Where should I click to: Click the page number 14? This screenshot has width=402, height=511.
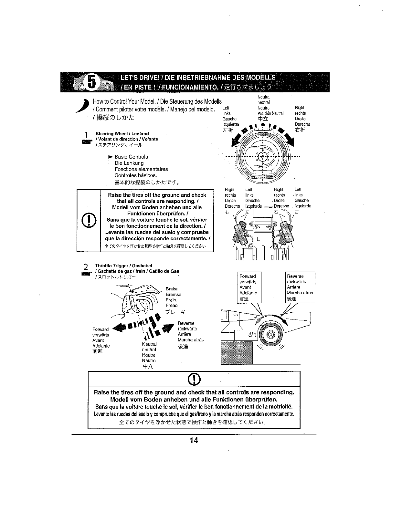(x=194, y=441)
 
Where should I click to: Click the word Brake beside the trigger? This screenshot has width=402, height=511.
(x=172, y=289)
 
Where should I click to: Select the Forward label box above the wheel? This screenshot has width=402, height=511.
(x=249, y=287)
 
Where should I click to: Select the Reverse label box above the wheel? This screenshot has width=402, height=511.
(x=300, y=287)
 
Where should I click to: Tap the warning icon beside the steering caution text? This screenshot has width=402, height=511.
(x=89, y=221)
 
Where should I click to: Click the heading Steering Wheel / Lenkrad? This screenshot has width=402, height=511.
(x=122, y=134)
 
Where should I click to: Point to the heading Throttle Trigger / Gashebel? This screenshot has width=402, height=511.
(x=123, y=266)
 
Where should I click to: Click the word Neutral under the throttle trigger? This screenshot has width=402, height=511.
(x=149, y=344)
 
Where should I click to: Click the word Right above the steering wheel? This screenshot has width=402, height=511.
(x=300, y=108)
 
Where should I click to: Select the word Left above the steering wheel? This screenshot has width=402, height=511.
(x=226, y=108)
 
